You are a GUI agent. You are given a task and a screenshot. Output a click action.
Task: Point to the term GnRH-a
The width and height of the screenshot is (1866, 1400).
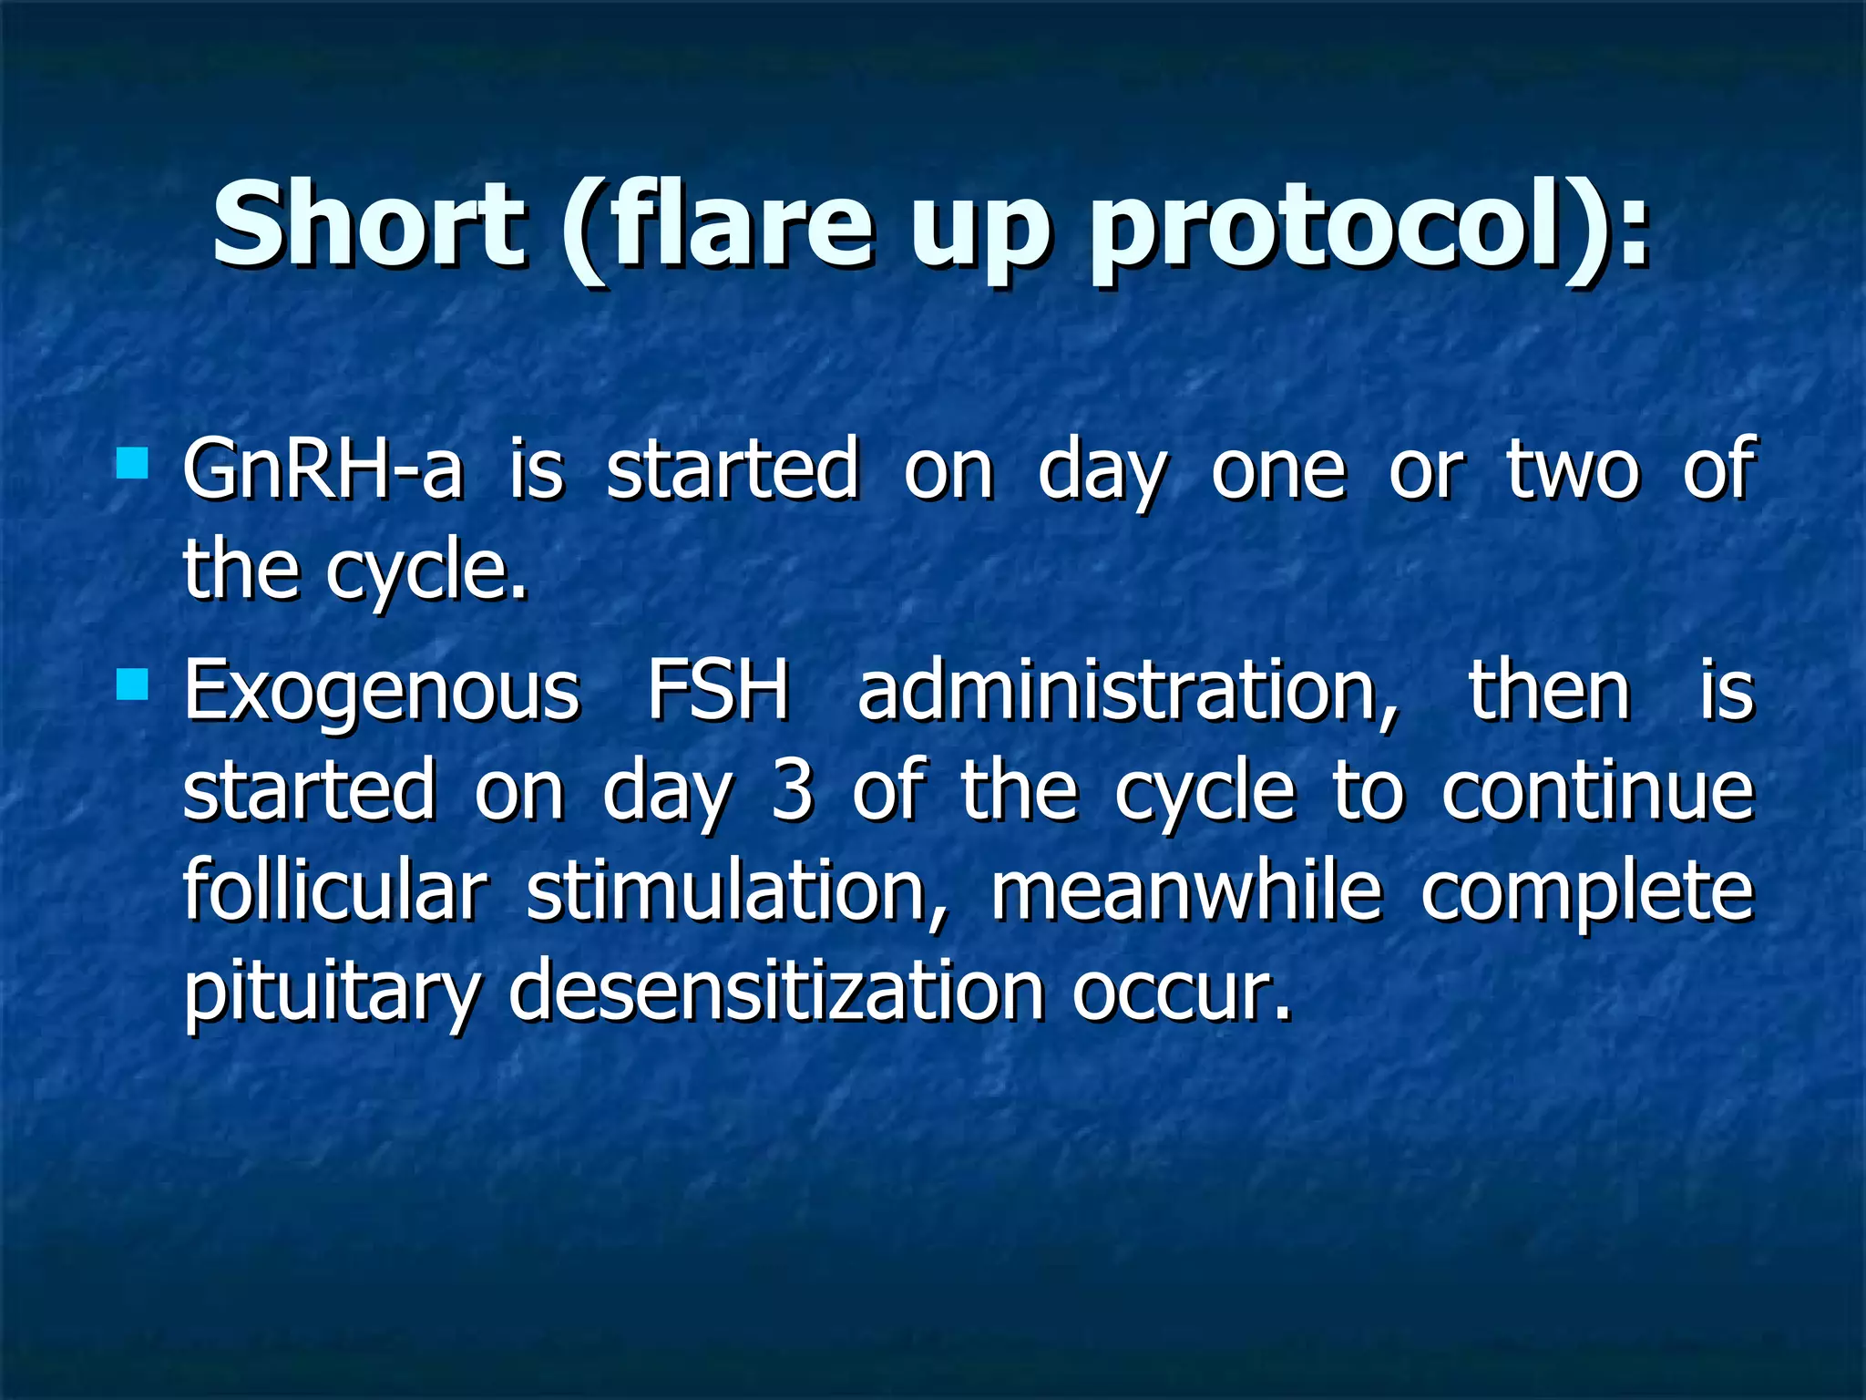point(323,469)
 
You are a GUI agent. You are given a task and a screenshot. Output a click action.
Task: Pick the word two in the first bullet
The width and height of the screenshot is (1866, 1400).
point(1573,469)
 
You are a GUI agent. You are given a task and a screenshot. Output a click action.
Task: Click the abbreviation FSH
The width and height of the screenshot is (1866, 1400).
point(718,691)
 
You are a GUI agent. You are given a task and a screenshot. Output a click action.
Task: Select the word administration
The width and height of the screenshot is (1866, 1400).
point(1127,691)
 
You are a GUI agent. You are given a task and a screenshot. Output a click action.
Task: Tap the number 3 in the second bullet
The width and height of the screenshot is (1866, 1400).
point(792,791)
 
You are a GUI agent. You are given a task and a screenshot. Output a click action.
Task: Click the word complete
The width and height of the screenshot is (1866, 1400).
point(1586,893)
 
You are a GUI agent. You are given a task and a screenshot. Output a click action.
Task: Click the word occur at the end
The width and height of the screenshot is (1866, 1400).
point(1181,993)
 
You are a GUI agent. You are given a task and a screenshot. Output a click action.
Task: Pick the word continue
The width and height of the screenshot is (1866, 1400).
point(1597,791)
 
